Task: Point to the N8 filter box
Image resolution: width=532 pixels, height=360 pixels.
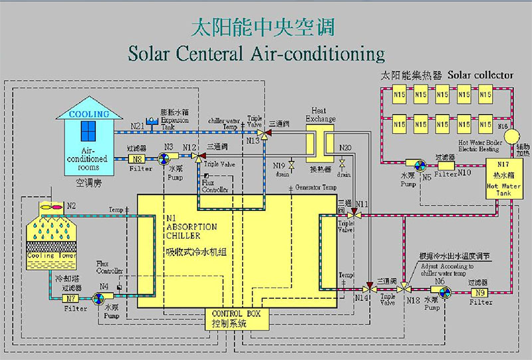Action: [137, 158]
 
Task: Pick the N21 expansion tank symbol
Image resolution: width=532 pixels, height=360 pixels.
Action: [150, 122]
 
